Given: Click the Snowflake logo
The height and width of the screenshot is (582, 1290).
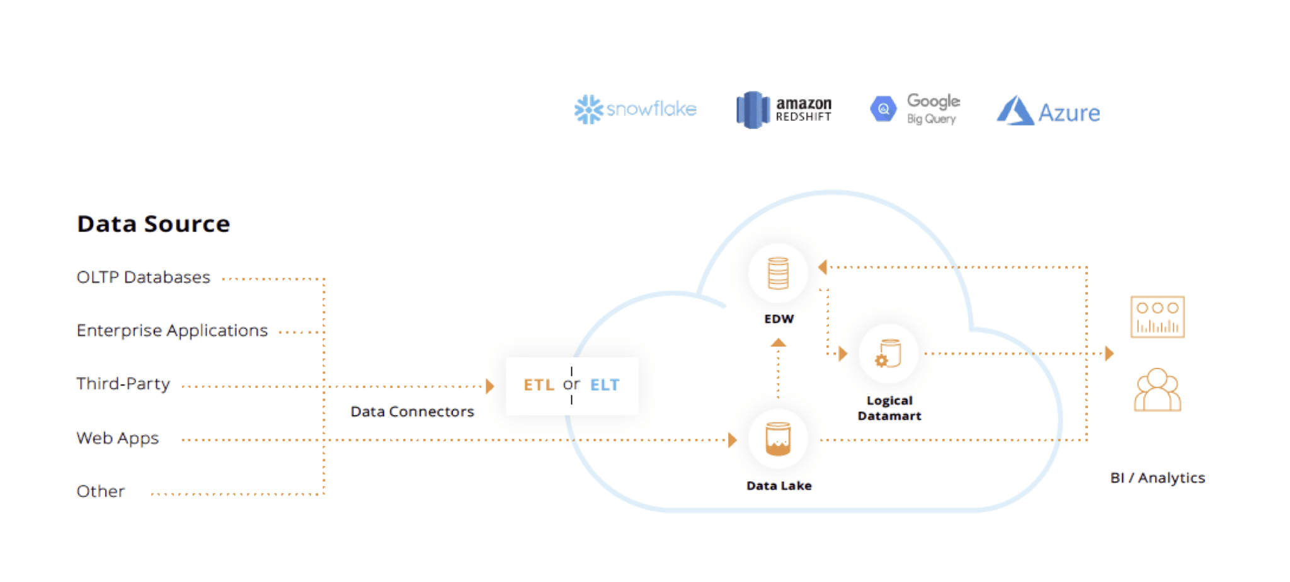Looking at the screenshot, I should tap(635, 110).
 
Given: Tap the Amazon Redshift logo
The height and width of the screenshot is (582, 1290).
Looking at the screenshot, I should tap(784, 110).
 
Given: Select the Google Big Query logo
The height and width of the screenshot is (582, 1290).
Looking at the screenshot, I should tap(915, 110).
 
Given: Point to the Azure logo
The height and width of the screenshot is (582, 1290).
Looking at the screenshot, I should tap(1048, 111).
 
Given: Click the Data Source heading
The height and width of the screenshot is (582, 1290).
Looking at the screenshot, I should tap(153, 224).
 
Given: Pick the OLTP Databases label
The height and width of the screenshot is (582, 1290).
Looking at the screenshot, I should tap(143, 277).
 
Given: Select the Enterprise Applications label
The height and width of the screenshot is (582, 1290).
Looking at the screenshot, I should tap(172, 331).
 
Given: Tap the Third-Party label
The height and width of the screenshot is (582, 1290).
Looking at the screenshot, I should tap(123, 384).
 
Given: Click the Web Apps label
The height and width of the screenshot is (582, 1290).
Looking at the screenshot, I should tap(117, 438).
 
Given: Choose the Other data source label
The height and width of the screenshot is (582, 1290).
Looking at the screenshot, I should tap(101, 491).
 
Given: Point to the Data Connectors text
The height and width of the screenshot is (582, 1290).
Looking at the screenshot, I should tap(412, 412).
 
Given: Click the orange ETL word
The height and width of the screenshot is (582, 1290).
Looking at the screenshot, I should tap(539, 385).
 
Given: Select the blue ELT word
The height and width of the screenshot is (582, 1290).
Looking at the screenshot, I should tap(605, 385).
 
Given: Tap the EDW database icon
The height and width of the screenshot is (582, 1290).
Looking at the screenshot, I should tap(778, 273).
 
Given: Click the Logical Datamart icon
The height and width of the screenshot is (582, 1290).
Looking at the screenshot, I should tap(888, 354).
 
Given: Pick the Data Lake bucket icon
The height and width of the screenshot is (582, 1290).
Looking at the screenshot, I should tap(778, 439).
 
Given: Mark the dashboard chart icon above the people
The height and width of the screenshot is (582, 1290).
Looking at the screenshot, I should tap(1157, 317).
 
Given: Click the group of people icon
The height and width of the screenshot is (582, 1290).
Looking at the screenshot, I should tap(1157, 391).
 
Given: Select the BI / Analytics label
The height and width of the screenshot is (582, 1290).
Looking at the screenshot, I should tap(1157, 478).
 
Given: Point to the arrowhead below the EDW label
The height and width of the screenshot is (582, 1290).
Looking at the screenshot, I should tap(779, 343).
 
